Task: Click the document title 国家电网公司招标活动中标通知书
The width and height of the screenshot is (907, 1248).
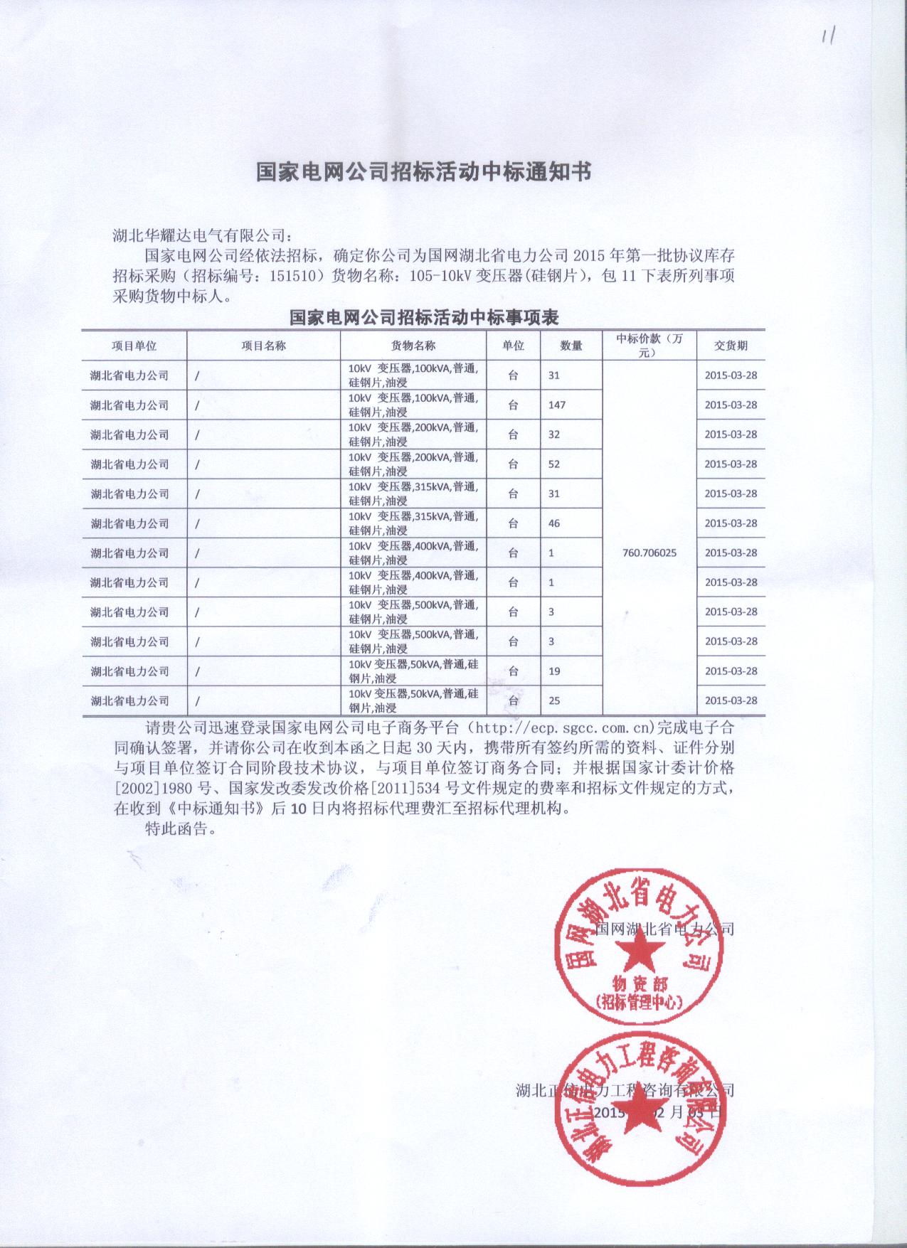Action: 423,173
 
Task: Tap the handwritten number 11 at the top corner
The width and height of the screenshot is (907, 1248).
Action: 827,36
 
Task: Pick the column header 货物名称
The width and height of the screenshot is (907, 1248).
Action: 413,346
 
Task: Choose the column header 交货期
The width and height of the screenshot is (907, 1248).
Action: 731,346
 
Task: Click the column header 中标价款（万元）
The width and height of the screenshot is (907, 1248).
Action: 649,346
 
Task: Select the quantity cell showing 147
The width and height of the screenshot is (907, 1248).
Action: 557,405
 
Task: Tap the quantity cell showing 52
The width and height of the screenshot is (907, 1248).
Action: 554,464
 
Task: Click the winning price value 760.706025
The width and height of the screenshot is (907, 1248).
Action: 649,553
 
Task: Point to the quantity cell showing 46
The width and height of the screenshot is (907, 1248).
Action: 554,523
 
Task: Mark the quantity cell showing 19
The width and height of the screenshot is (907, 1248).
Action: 554,671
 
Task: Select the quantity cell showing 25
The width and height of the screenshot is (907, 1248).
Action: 554,700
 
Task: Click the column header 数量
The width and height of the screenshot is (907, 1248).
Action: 571,346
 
